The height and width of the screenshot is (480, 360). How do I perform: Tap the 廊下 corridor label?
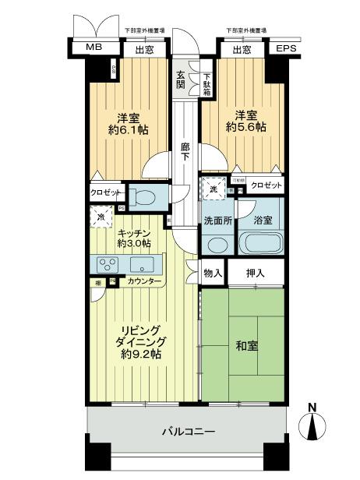(x=185, y=151)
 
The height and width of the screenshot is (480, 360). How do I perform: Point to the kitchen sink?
(x=142, y=263)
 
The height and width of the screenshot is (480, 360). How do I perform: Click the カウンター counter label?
(x=144, y=281)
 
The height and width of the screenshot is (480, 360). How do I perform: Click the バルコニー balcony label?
(x=188, y=431)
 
